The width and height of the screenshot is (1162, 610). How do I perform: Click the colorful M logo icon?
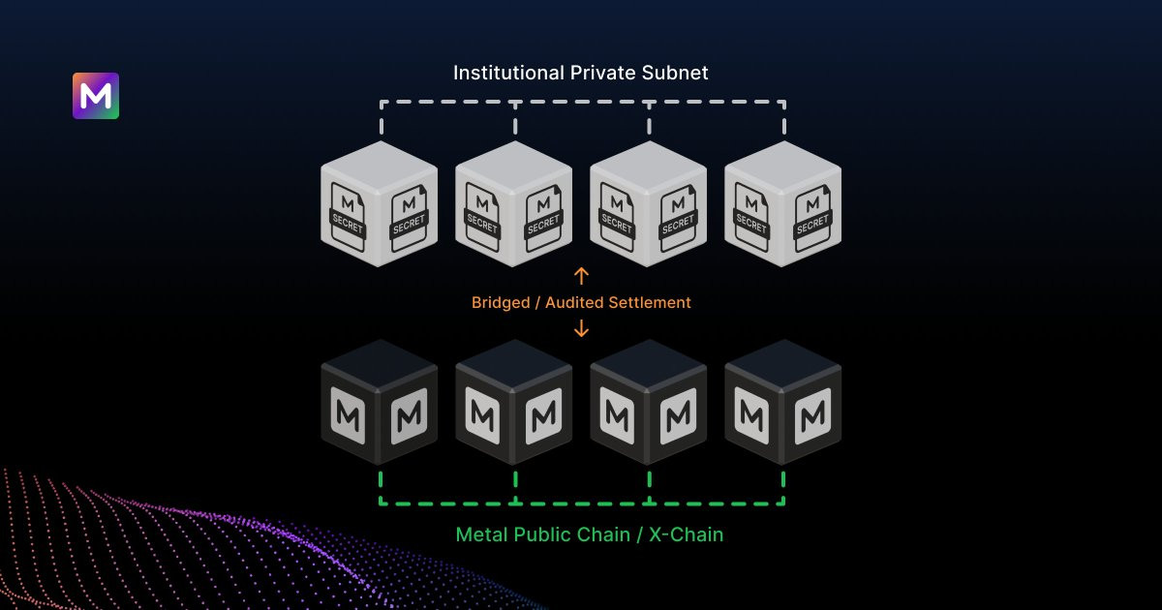click(96, 96)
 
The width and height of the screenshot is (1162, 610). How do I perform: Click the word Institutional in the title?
click(508, 74)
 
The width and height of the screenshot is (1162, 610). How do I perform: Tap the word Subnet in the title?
click(675, 74)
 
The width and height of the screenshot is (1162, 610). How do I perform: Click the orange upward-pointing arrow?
click(582, 275)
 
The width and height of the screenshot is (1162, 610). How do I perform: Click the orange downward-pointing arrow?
click(582, 328)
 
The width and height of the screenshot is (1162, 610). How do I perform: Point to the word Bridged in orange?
click(502, 303)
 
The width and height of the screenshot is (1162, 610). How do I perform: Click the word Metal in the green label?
click(481, 534)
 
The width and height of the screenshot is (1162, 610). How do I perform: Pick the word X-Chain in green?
click(686, 534)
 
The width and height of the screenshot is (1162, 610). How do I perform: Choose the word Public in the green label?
click(538, 534)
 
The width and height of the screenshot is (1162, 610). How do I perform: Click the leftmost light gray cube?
click(380, 204)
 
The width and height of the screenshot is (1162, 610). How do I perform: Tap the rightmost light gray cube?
click(782, 204)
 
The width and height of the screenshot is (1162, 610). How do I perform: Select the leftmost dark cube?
click(380, 403)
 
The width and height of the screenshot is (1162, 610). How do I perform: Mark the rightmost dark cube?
click(782, 403)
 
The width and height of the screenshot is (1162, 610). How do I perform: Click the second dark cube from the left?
click(513, 403)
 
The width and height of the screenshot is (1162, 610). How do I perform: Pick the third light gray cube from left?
click(649, 204)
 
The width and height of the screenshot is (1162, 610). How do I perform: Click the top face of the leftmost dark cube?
click(380, 364)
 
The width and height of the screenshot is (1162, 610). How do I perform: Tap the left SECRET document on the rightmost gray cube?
click(751, 217)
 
